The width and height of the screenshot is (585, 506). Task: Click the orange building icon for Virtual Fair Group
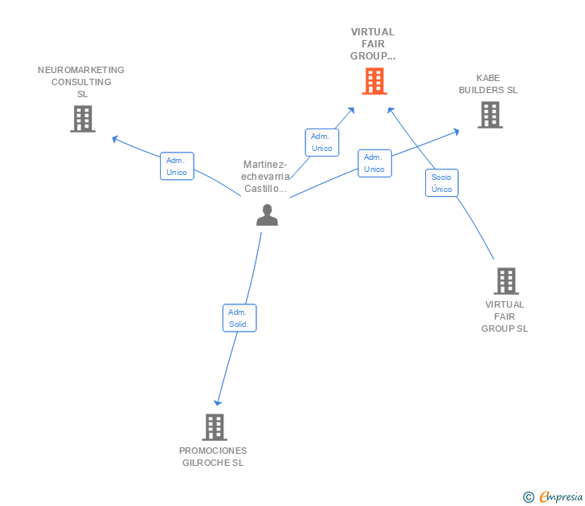pyautogui.click(x=374, y=81)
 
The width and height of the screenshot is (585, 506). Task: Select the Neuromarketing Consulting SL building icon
pyautogui.click(x=82, y=119)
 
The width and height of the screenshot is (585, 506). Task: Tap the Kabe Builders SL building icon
pyautogui.click(x=489, y=115)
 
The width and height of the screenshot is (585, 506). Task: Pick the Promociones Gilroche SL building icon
pyautogui.click(x=214, y=426)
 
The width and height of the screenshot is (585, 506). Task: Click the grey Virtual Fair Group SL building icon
pyautogui.click(x=505, y=281)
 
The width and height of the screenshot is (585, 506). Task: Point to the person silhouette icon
pyautogui.click(x=267, y=214)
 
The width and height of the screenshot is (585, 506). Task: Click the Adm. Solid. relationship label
pyautogui.click(x=239, y=318)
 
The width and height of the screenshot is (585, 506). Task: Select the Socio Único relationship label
pyautogui.click(x=441, y=183)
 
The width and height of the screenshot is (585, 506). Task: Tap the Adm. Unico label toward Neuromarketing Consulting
pyautogui.click(x=177, y=166)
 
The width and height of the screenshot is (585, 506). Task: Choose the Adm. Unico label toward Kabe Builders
pyautogui.click(x=374, y=163)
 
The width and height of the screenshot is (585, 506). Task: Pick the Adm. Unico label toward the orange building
pyautogui.click(x=321, y=142)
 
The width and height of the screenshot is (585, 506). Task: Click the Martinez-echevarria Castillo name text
pyautogui.click(x=266, y=177)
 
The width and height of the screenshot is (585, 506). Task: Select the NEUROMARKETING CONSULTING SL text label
pyautogui.click(x=81, y=82)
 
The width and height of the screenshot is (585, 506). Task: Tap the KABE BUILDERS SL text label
pyautogui.click(x=488, y=84)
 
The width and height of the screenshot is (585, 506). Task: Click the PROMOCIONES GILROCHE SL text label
pyautogui.click(x=213, y=456)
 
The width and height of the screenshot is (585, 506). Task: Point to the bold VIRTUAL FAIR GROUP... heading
pyautogui.click(x=373, y=44)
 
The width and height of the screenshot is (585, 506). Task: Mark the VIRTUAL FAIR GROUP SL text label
pyautogui.click(x=505, y=316)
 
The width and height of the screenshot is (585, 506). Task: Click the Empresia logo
pyautogui.click(x=561, y=496)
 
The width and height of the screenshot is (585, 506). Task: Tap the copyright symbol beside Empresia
pyautogui.click(x=529, y=497)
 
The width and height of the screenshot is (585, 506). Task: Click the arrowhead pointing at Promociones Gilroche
pyautogui.click(x=217, y=402)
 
